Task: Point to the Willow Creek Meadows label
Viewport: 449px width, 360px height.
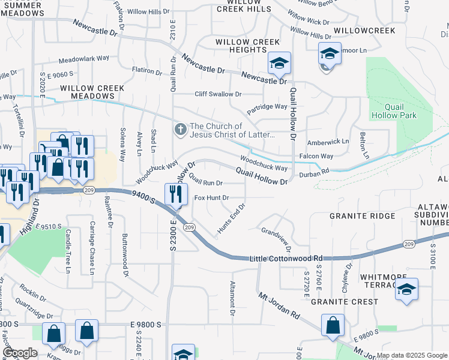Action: tap(92, 92)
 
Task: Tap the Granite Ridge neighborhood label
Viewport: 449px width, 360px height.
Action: tap(362, 216)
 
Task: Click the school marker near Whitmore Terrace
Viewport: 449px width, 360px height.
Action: tap(406, 290)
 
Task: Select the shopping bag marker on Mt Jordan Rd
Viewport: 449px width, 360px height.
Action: tap(332, 325)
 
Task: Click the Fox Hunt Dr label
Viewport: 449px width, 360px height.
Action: tap(211, 197)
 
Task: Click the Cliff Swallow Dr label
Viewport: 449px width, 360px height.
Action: tap(217, 94)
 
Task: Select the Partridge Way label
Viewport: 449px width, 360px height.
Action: tap(267, 107)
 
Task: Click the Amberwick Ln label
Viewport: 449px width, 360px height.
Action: tap(328, 142)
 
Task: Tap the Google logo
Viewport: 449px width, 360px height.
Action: tap(20, 353)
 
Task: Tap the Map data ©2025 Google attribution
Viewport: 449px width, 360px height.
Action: tap(411, 355)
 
